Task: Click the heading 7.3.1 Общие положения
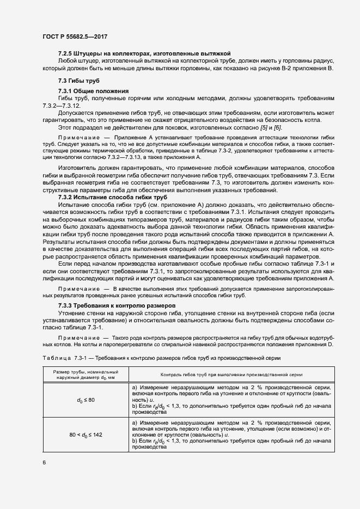pos(93,90)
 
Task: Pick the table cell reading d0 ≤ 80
pos(86,400)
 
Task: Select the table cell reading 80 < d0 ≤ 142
pos(86,436)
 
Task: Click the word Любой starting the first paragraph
pos(68,61)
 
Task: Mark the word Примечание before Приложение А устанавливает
pos(78,139)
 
